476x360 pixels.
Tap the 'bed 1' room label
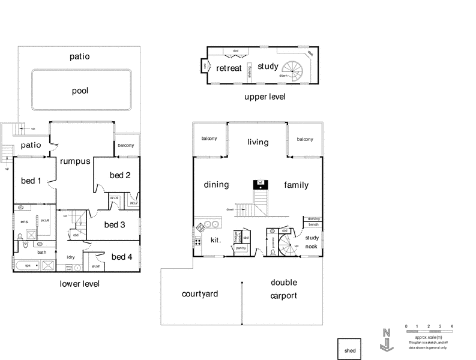click(x=31, y=181)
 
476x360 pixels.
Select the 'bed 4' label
click(x=122, y=257)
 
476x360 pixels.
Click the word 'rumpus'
click(x=74, y=161)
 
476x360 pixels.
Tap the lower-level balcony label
click(x=126, y=146)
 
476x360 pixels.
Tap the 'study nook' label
click(x=312, y=241)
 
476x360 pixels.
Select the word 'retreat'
click(x=229, y=68)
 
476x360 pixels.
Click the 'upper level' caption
click(x=265, y=97)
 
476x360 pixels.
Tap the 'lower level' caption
click(x=80, y=284)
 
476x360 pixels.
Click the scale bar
click(x=429, y=332)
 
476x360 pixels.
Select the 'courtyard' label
click(x=200, y=294)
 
